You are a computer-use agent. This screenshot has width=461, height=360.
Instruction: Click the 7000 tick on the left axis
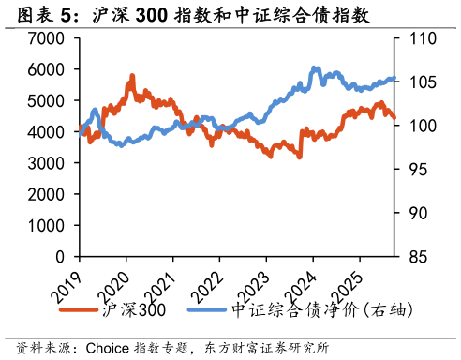[46, 38]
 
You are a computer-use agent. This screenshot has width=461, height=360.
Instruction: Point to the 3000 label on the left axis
[46, 163]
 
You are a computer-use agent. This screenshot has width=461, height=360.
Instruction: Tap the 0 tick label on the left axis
[60, 257]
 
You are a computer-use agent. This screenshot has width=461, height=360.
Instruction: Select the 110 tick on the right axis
[423, 38]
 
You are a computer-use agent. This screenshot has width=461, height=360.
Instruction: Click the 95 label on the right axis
[418, 170]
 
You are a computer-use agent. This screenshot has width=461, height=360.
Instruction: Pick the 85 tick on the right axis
[418, 257]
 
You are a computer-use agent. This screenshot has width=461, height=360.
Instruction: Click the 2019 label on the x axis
[67, 288]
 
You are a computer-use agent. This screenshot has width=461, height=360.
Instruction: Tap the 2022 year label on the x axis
[207, 288]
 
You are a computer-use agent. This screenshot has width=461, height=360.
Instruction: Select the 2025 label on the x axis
[348, 288]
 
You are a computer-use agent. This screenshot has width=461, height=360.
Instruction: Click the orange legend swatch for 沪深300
[79, 309]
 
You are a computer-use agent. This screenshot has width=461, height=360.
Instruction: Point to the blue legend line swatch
[207, 309]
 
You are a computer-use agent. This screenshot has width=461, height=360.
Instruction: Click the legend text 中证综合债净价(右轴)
[322, 310]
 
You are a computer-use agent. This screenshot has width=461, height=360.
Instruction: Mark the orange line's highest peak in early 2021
[132, 76]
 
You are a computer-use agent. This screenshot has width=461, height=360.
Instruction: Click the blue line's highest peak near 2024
[314, 67]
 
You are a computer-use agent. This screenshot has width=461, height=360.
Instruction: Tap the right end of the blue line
[394, 79]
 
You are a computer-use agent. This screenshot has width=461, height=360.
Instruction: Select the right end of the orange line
[394, 117]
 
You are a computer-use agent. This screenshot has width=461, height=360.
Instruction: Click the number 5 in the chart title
[66, 15]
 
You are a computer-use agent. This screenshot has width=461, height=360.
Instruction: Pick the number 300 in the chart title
[152, 15]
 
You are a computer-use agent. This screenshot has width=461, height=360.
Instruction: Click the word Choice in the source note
[108, 348]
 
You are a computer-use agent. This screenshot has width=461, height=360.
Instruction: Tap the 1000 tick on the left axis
[46, 226]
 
